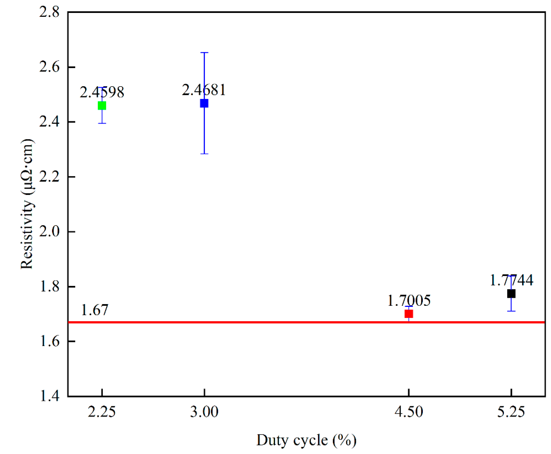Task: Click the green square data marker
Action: click(102, 106)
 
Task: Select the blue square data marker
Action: click(204, 103)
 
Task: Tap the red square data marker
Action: click(409, 314)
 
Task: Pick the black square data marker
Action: click(511, 294)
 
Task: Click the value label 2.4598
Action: click(102, 92)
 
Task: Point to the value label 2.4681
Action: click(204, 90)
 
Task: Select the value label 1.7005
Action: click(409, 300)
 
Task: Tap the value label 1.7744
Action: click(511, 280)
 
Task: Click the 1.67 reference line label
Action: click(94, 310)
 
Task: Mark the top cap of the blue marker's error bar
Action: click(204, 52)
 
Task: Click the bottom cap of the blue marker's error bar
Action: click(204, 153)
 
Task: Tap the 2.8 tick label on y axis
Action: click(49, 12)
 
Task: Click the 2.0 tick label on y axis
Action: click(49, 231)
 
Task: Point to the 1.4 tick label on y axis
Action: click(49, 396)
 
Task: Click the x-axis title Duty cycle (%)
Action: click(306, 440)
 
